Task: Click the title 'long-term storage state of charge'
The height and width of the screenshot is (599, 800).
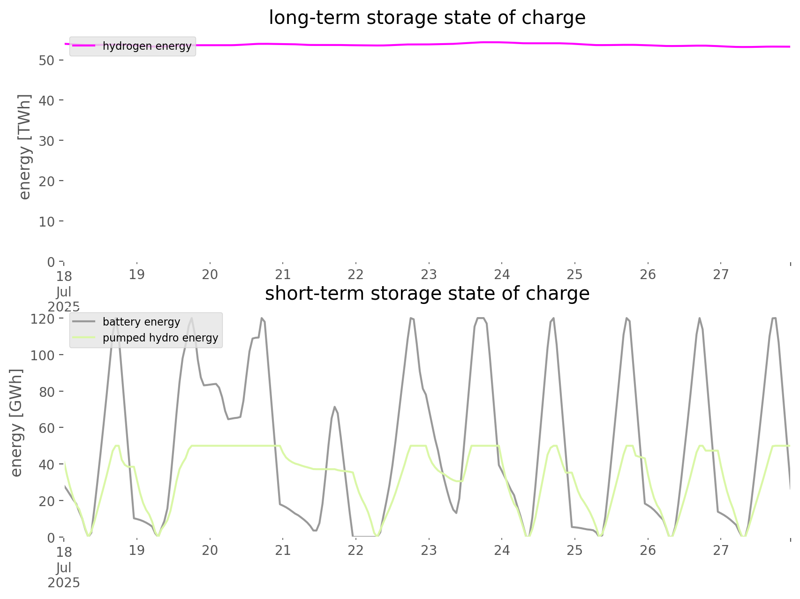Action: pos(427,18)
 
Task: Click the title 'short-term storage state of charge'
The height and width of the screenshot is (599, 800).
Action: pos(427,294)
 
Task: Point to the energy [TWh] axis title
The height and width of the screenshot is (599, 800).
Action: pos(24,147)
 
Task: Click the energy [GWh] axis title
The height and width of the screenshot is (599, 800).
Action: pos(16,423)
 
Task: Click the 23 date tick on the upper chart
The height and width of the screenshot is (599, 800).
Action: pos(429,274)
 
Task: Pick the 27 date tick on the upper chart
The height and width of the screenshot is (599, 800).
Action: pos(721,274)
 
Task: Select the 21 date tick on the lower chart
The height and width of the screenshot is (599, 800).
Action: pos(283,550)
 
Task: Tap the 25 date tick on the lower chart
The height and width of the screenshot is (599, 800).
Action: pos(574,550)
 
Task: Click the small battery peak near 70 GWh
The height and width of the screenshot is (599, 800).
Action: pos(334,407)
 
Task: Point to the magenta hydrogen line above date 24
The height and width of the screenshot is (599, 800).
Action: pos(502,42)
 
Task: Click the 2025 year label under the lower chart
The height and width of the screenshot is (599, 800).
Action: pos(64,583)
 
